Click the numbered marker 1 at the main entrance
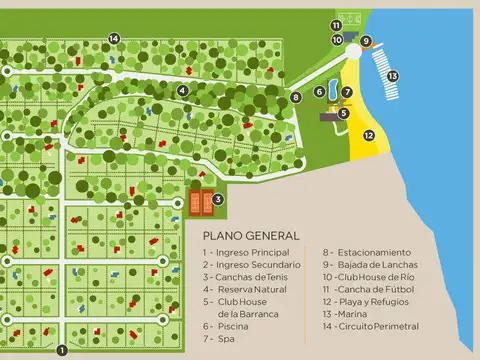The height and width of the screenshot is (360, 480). pos(61,350)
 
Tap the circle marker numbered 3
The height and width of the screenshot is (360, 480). pos(218,199)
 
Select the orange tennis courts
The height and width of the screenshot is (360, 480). pos(200,204)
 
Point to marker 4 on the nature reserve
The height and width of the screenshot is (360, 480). pos(183,90)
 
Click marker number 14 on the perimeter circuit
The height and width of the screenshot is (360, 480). pos(114,38)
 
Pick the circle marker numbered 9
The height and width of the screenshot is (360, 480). pos(367,41)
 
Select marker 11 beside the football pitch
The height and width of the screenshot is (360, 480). pos(337,24)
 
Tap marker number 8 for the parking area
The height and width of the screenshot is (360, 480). pos(296,97)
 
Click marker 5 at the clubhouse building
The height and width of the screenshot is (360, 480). pos(343,113)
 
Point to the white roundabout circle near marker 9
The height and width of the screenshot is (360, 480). pos(353,49)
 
